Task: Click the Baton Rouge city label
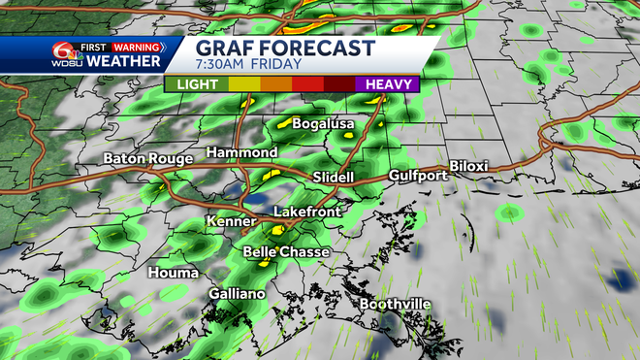point(145,158)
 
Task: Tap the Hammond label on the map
point(242,153)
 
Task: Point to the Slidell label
point(334,178)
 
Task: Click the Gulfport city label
point(418,176)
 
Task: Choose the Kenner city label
point(231,222)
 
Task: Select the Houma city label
point(174,273)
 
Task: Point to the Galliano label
point(237,293)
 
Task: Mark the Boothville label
point(396,304)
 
